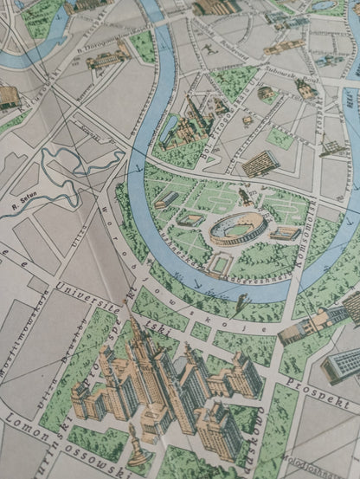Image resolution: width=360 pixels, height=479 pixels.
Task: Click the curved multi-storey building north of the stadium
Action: click(259, 163)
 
